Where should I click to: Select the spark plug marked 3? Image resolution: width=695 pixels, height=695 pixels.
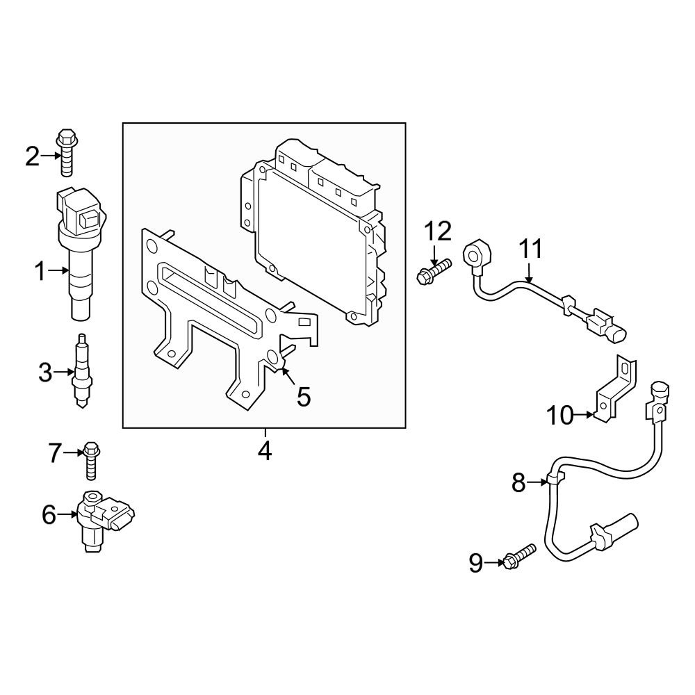[x=81, y=372]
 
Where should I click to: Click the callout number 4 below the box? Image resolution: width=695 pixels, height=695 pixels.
[x=264, y=450]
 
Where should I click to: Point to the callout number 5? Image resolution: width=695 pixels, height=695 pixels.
[x=304, y=396]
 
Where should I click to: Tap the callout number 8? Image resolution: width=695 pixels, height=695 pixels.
[x=519, y=482]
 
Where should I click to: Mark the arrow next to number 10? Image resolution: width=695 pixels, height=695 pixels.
[x=588, y=416]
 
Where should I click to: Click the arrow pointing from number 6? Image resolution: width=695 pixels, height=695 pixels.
[x=70, y=514]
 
